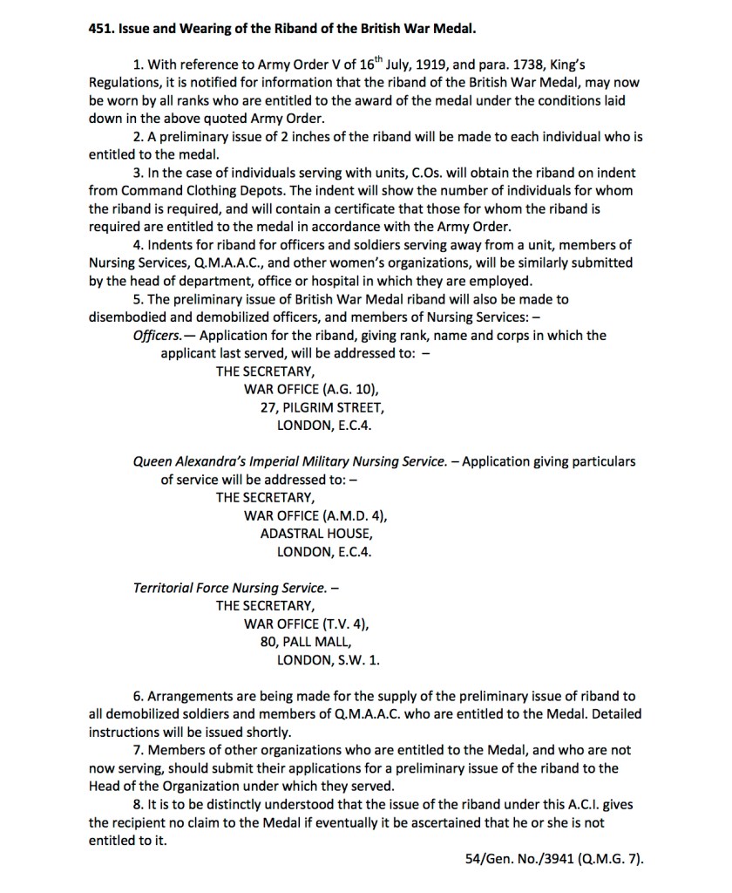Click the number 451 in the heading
click(x=103, y=28)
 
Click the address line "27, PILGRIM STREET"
click(x=321, y=408)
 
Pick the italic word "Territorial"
click(x=166, y=588)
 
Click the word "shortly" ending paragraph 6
click(x=267, y=732)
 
